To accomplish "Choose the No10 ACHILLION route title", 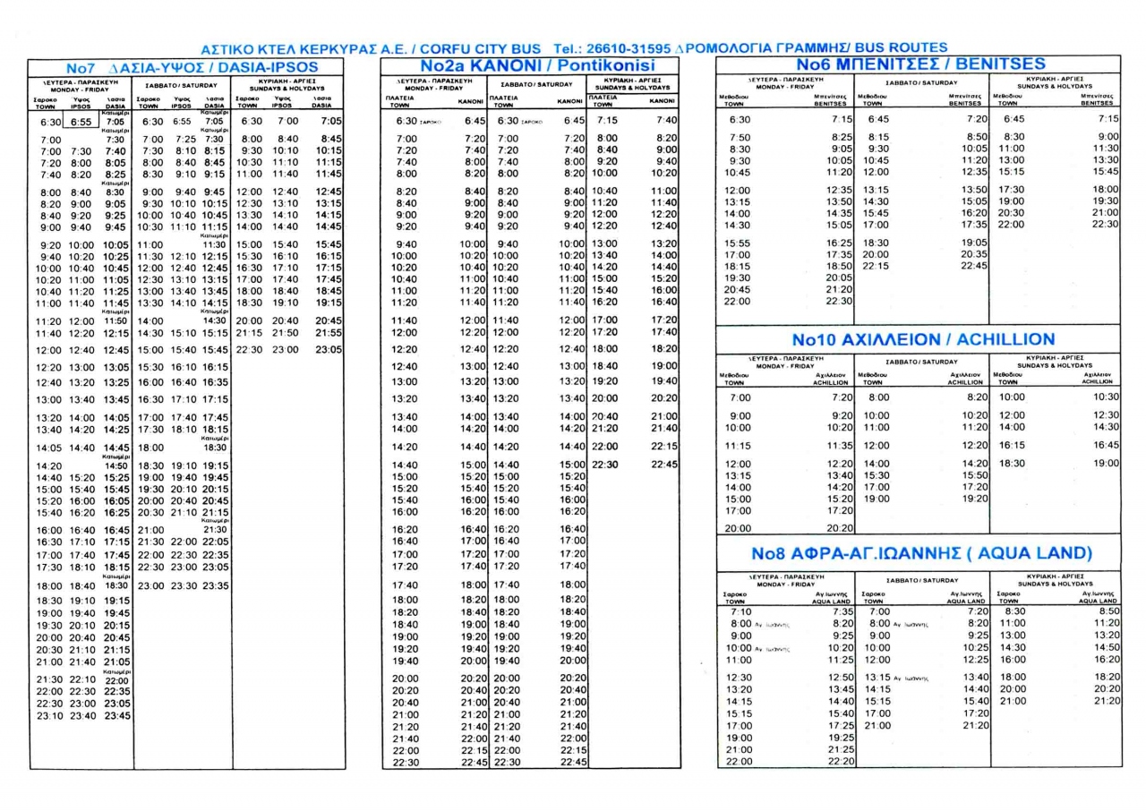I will [x=923, y=340].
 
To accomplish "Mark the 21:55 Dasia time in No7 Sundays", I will [x=329, y=332].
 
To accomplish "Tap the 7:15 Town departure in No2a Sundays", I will [x=606, y=120].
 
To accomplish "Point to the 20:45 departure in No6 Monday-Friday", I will [x=738, y=289].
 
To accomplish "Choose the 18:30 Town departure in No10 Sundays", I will [x=1011, y=463].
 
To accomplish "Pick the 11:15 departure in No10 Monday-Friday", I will [x=738, y=445].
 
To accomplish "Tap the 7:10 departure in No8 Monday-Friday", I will [x=741, y=610].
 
